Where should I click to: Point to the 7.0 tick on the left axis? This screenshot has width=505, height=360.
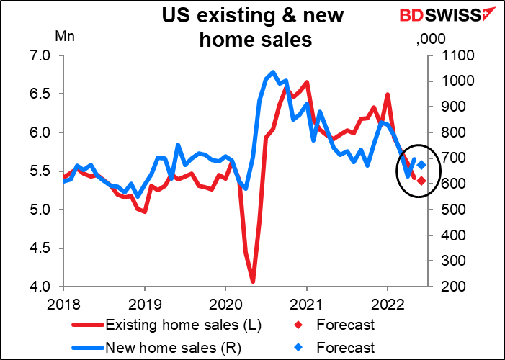[37, 55]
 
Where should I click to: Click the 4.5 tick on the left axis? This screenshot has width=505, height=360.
[37, 248]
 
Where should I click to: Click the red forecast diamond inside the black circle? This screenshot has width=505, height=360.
[421, 181]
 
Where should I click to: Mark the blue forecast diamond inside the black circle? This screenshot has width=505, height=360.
[421, 165]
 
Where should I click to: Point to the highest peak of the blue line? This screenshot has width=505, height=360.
[272, 72]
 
